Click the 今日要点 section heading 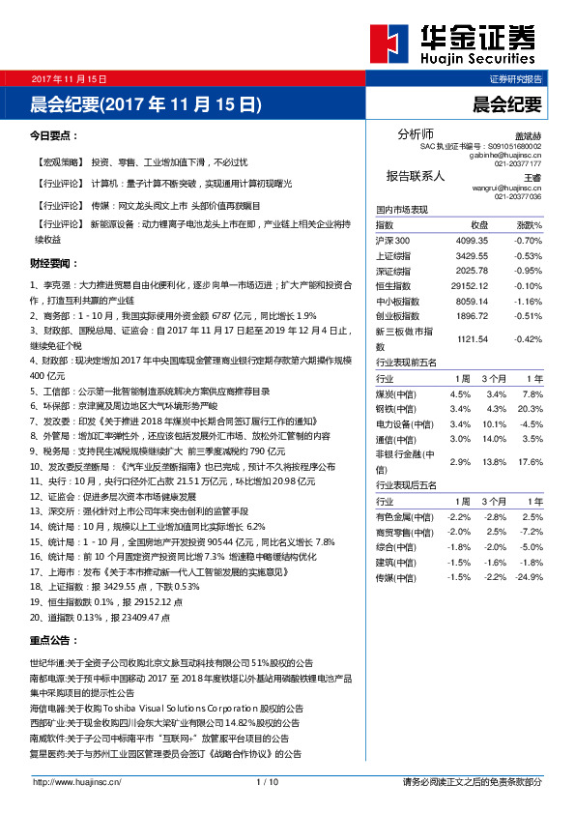(54, 136)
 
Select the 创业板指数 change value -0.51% (528, 315)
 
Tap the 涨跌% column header (528, 224)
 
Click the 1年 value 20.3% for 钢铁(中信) (530, 409)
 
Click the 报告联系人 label (416, 176)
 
